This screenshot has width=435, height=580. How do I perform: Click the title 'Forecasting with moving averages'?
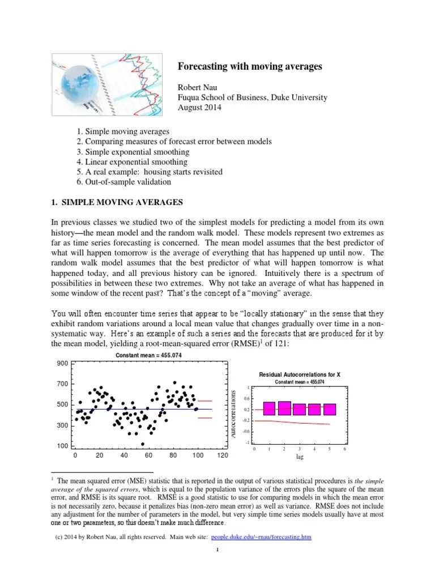(250, 66)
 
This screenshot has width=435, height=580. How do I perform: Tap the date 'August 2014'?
(200, 107)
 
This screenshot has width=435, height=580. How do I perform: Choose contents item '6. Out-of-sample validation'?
(123, 182)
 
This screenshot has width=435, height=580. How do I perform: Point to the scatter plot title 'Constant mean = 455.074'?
(149, 355)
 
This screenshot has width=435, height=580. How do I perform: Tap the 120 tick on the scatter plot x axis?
(222, 455)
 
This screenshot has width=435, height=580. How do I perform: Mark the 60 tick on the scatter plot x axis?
(149, 455)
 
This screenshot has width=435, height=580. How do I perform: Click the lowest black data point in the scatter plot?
(143, 444)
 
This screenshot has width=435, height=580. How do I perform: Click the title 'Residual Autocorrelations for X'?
(300, 375)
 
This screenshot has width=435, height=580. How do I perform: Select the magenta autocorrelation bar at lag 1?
(269, 408)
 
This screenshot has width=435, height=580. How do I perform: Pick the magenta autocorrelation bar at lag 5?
(330, 410)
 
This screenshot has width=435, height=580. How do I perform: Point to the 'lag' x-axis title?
(300, 456)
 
